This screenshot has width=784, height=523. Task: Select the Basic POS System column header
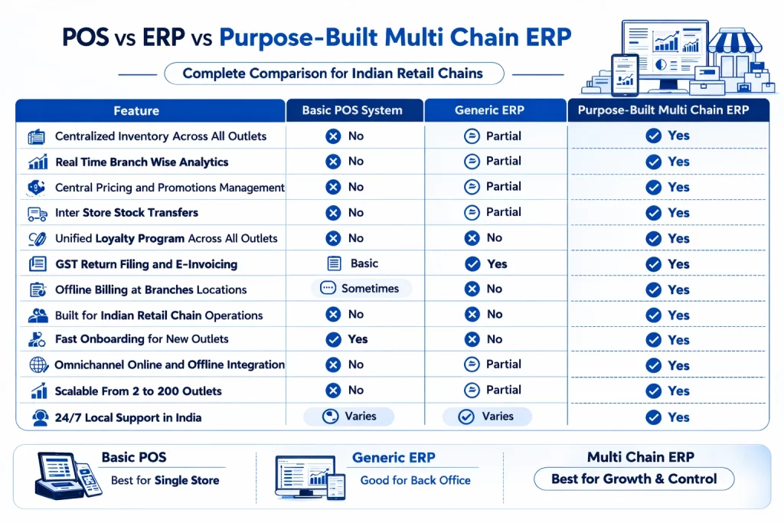tap(352, 110)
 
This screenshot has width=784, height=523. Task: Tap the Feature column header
tap(136, 111)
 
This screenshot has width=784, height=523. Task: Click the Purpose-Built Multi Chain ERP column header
tap(663, 110)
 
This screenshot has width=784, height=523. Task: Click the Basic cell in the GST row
tap(354, 263)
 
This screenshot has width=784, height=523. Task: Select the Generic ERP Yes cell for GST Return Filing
tap(487, 263)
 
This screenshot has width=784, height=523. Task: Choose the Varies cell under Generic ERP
tap(487, 417)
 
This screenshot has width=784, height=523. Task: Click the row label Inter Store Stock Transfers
tap(126, 213)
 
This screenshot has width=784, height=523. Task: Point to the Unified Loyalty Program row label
tap(166, 238)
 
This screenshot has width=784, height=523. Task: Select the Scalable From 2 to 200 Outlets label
tap(138, 391)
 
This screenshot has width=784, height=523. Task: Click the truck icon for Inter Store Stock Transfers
tap(37, 214)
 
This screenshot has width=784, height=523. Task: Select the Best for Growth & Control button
tap(633, 479)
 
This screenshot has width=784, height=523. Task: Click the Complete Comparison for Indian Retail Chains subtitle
tap(333, 74)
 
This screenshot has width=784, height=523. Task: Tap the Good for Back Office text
tap(415, 481)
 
